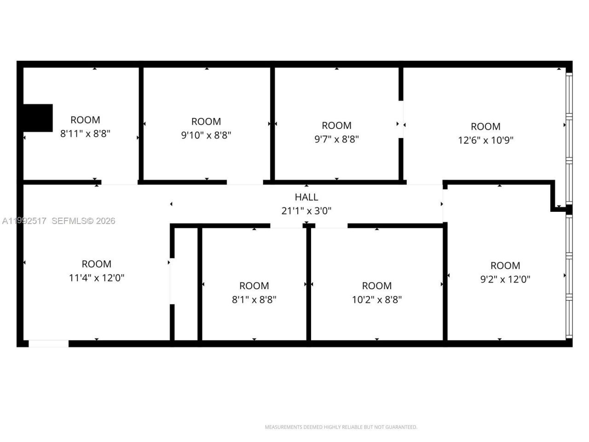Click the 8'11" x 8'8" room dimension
85,134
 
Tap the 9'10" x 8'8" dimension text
206,135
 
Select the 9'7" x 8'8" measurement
336,139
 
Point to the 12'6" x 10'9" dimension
485,140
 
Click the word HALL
306,197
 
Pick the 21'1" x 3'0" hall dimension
306,211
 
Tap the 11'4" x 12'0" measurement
97,278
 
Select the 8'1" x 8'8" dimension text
254,299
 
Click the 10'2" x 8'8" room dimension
377,299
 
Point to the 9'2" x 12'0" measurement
505,279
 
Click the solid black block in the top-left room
38,118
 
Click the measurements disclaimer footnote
341,427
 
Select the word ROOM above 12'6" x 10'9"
485,127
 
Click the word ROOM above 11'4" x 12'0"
97,264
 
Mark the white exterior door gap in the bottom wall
48,343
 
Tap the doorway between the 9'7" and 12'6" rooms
401,119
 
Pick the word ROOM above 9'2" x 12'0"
505,266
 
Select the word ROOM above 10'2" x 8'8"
377,286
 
